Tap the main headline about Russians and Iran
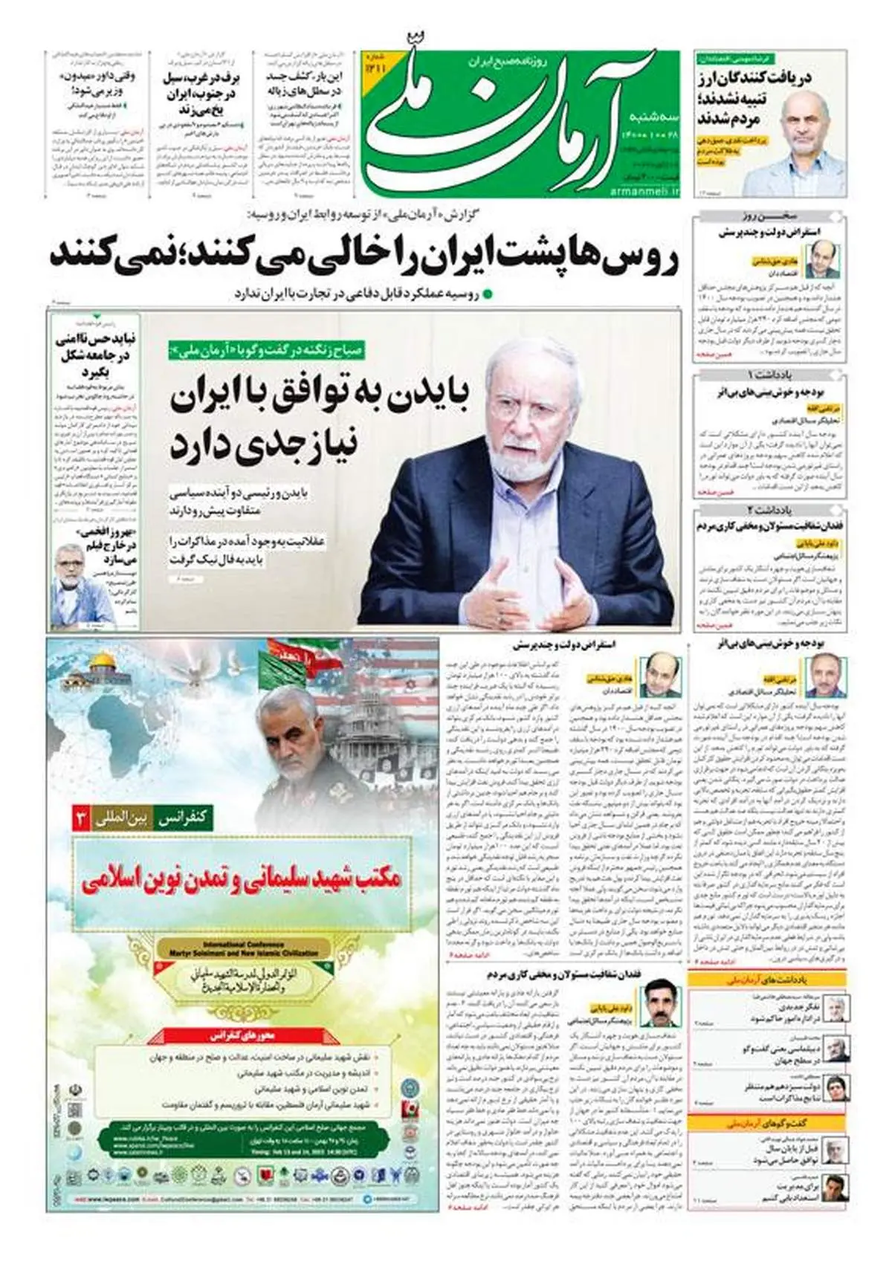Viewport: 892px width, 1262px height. pos(364,254)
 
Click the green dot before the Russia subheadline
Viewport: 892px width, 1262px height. pos(488,294)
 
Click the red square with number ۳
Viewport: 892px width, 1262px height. pos(79,820)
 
